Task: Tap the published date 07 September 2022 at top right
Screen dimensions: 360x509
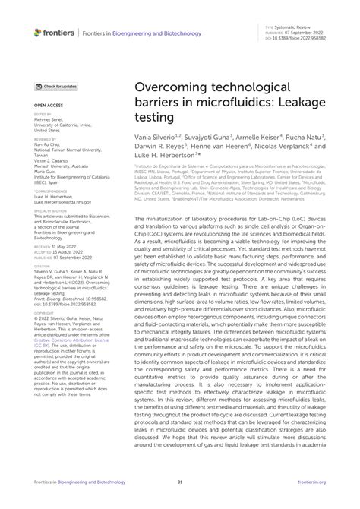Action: [310, 32]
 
